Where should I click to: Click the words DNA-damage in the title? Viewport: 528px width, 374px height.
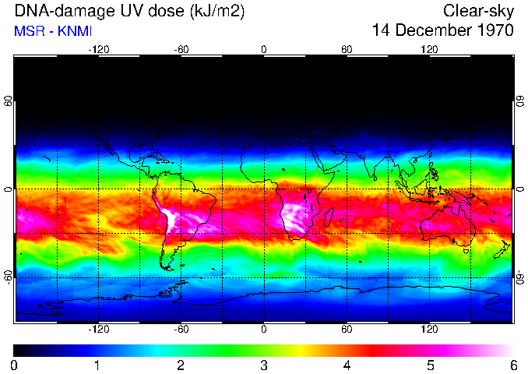click(x=55, y=11)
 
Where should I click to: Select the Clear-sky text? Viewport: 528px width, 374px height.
click(x=478, y=11)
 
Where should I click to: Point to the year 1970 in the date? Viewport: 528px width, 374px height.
click(x=495, y=30)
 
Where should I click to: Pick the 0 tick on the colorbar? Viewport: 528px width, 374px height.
click(x=15, y=365)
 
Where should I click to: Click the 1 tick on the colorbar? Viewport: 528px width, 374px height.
click(x=97, y=365)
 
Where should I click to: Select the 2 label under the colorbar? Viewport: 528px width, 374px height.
click(x=181, y=365)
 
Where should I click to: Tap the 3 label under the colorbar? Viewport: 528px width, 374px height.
click(x=264, y=365)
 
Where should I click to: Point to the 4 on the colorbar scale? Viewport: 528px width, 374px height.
click(x=347, y=365)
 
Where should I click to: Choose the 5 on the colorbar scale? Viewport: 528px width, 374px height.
click(x=430, y=365)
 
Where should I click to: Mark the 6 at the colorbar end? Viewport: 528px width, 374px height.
click(x=512, y=365)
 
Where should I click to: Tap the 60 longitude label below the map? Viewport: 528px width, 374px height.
click(x=347, y=330)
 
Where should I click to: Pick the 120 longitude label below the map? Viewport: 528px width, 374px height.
click(x=429, y=330)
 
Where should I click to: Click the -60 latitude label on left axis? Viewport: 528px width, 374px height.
click(x=9, y=277)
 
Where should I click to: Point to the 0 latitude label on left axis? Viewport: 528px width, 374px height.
click(x=9, y=189)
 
